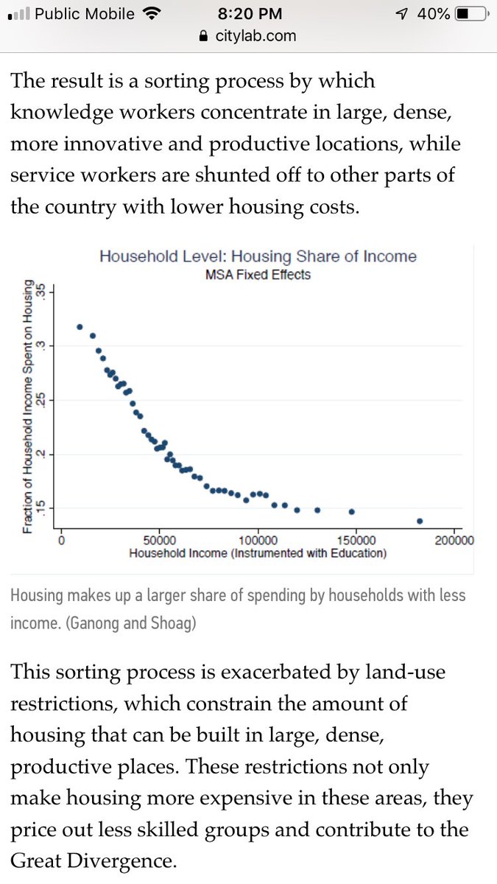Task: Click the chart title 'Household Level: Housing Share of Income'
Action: pyautogui.click(x=258, y=256)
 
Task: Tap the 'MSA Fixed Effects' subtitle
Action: pyautogui.click(x=258, y=274)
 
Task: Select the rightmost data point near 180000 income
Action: pyautogui.click(x=420, y=521)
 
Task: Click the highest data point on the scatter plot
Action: pyautogui.click(x=80, y=326)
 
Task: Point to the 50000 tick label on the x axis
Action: pyautogui.click(x=159, y=540)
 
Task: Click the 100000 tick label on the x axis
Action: pyautogui.click(x=258, y=540)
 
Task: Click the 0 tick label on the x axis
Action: pyautogui.click(x=62, y=540)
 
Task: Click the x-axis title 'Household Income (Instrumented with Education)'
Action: pyautogui.click(x=258, y=553)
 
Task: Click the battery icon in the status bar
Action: pyautogui.click(x=472, y=14)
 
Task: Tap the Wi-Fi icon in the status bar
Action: pyautogui.click(x=152, y=14)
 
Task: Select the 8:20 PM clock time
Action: pyautogui.click(x=248, y=14)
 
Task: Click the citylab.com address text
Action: pyautogui.click(x=255, y=35)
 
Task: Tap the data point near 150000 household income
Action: pyautogui.click(x=352, y=511)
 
